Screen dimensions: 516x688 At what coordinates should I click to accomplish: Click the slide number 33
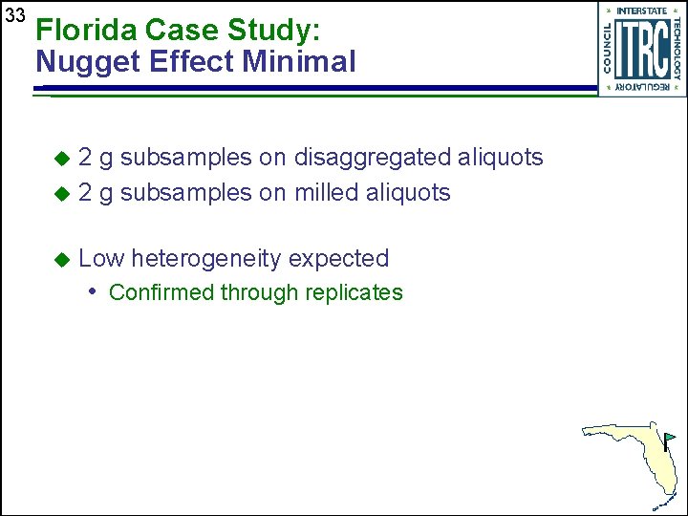point(14,16)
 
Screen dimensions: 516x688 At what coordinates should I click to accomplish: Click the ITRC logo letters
point(641,51)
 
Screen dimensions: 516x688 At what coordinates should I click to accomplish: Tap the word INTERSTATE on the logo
point(642,11)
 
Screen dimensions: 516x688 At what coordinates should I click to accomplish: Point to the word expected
point(338,259)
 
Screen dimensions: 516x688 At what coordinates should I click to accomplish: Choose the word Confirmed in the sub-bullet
point(161,292)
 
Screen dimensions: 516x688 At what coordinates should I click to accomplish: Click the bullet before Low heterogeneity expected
point(62,259)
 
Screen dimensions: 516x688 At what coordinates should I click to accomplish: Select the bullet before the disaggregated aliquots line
point(62,158)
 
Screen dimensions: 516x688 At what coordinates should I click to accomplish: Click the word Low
point(100,259)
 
